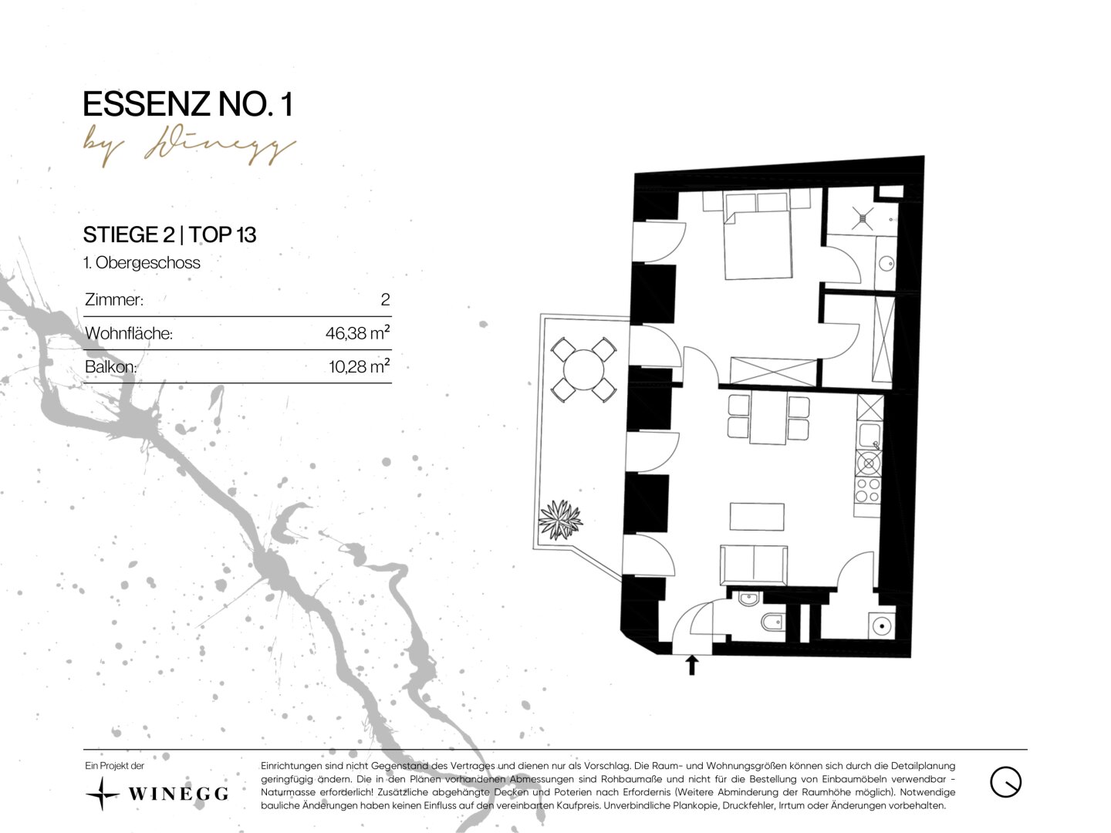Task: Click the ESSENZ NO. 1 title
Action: (x=187, y=104)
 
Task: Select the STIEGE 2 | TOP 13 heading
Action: (x=170, y=234)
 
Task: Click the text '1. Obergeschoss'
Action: (x=142, y=262)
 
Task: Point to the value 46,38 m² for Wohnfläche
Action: (x=357, y=332)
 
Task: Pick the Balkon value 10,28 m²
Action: (x=359, y=366)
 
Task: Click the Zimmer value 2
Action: (x=385, y=299)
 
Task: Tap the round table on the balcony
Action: (x=583, y=369)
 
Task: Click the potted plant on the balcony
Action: (x=560, y=519)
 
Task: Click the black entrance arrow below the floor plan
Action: (x=691, y=664)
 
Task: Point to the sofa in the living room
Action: (x=754, y=565)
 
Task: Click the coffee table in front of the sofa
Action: (x=757, y=517)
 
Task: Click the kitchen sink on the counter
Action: (x=870, y=435)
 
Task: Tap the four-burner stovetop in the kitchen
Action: (x=867, y=490)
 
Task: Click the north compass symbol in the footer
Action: (x=1005, y=782)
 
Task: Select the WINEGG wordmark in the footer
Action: (x=178, y=794)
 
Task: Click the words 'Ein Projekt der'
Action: (x=115, y=766)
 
